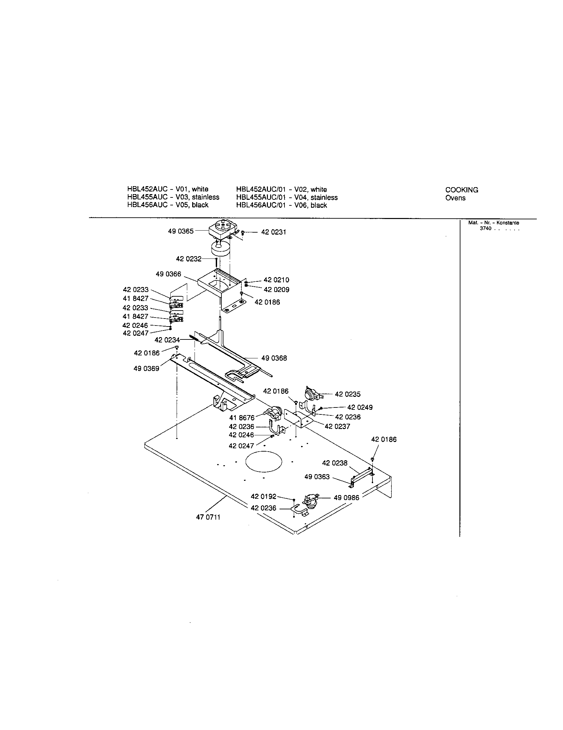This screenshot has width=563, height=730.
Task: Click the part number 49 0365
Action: [181, 231]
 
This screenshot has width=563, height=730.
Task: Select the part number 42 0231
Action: [274, 232]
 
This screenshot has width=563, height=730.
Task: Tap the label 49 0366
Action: [168, 274]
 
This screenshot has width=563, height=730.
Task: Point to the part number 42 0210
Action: [277, 280]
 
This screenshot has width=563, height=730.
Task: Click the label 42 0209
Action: [277, 289]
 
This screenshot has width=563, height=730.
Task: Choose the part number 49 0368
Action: [274, 358]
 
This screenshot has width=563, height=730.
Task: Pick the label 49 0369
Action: [146, 368]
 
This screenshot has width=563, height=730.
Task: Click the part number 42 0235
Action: [348, 394]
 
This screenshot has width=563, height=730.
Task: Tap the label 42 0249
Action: [360, 407]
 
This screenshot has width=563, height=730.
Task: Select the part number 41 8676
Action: [242, 417]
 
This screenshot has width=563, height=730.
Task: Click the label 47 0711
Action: [208, 517]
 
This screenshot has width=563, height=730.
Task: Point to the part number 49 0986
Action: [346, 498]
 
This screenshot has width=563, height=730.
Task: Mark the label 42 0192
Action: [264, 497]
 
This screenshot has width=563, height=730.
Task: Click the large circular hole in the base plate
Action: [264, 462]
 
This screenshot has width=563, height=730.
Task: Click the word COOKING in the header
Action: [461, 190]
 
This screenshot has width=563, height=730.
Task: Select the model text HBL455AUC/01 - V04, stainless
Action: [286, 197]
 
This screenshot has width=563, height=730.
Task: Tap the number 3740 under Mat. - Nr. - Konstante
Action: [485, 229]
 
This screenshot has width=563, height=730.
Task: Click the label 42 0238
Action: [335, 463]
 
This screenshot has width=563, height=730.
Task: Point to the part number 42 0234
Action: [167, 340]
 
